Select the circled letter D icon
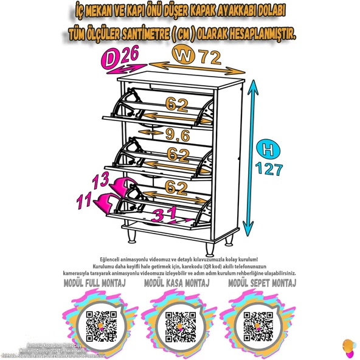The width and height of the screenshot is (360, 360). [109, 59]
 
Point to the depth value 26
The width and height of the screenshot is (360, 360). [130, 55]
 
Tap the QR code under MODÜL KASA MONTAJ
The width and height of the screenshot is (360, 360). [179, 325]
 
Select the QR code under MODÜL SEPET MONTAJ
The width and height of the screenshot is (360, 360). [258, 325]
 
